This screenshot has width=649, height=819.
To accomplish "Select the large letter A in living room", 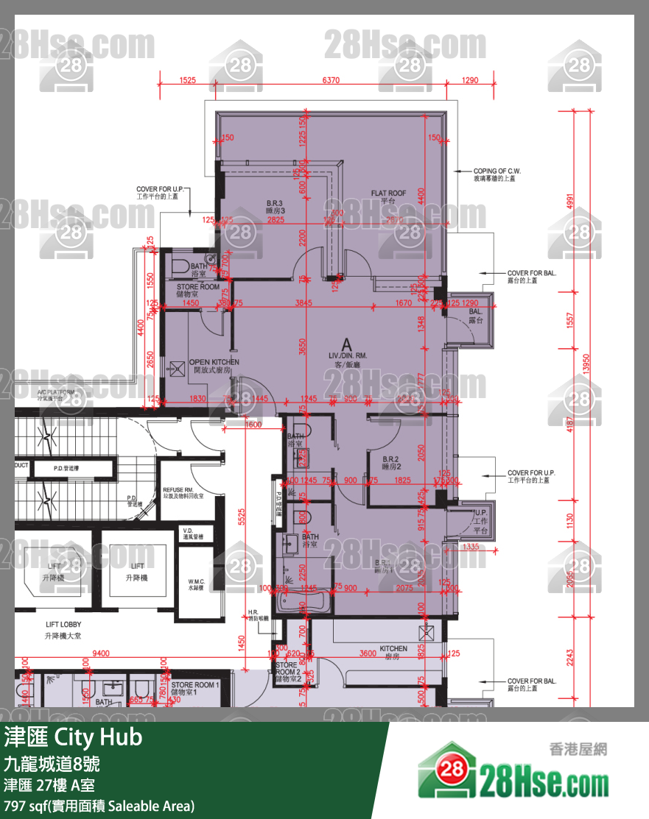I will pyautogui.click(x=345, y=344).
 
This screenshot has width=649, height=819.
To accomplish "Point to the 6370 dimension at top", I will pyautogui.click(x=331, y=80).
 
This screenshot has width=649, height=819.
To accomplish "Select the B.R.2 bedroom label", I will pyautogui.click(x=390, y=462).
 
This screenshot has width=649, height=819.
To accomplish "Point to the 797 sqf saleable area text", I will pyautogui.click(x=99, y=806).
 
